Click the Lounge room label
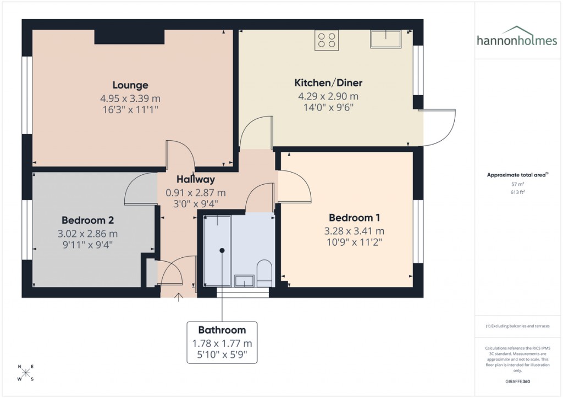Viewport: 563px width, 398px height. pyautogui.click(x=130, y=85)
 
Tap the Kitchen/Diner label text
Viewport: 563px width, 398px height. pyautogui.click(x=328, y=83)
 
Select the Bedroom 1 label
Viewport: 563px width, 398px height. pyautogui.click(x=354, y=218)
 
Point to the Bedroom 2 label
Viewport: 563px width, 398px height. pyautogui.click(x=87, y=220)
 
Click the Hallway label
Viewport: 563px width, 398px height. pyautogui.click(x=195, y=179)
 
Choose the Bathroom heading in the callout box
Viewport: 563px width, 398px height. pyautogui.click(x=222, y=330)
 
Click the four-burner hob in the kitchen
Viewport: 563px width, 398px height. pyautogui.click(x=326, y=40)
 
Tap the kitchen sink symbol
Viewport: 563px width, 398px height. pyautogui.click(x=386, y=38)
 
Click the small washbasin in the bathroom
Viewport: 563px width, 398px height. pyautogui.click(x=244, y=281)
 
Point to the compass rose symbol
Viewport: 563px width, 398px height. pyautogui.click(x=26, y=373)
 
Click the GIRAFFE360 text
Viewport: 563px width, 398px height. pyautogui.click(x=518, y=382)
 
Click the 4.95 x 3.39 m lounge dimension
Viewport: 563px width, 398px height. pyautogui.click(x=130, y=98)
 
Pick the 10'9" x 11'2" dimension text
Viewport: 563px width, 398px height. pyautogui.click(x=354, y=241)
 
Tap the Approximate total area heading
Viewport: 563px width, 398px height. pyautogui.click(x=517, y=175)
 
